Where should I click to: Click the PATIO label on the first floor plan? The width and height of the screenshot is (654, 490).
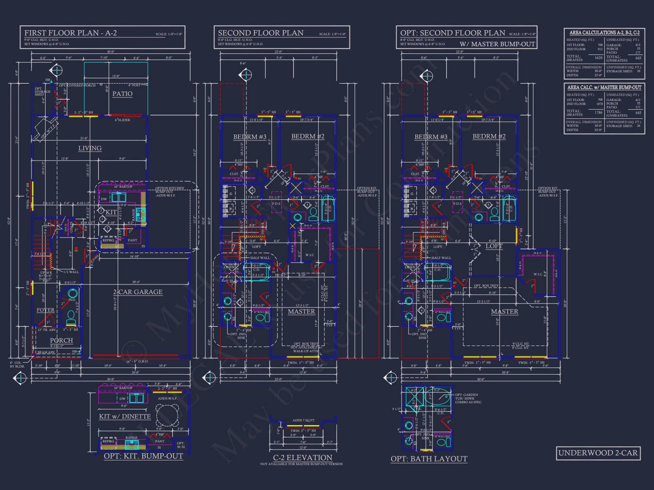122,94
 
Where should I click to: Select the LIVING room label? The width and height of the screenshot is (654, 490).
90,148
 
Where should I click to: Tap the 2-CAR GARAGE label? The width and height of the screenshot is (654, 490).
138,292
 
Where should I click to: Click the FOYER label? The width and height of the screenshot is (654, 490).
45,310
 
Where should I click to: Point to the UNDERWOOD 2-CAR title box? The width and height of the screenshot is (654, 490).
598,453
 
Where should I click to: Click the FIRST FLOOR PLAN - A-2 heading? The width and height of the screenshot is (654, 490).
70,33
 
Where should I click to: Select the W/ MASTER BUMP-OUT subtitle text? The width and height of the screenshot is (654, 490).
497,44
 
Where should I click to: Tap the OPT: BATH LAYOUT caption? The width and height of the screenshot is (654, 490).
429,459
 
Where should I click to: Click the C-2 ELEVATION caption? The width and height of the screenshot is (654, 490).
302,458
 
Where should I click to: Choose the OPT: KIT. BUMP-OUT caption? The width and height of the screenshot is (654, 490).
143,456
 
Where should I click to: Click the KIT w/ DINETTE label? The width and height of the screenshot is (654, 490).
125,416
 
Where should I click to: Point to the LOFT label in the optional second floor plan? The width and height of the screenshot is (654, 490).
494,246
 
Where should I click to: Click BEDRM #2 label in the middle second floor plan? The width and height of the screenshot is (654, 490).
308,136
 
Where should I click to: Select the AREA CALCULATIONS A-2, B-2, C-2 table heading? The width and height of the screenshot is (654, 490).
604,33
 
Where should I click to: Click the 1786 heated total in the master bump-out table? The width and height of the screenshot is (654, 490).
598,112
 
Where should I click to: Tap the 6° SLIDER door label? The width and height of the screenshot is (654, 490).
122,120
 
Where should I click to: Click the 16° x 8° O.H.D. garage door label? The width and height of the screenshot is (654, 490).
137,361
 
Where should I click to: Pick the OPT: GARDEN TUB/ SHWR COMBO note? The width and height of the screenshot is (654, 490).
468,399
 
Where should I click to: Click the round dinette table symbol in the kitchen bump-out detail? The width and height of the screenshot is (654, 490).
167,415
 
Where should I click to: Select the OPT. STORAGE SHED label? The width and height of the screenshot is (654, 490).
42,91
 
